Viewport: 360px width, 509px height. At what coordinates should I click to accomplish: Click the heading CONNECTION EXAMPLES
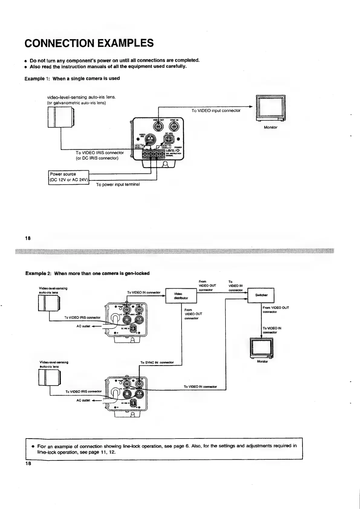click(x=89, y=43)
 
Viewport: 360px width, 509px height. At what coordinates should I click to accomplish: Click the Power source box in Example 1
click(x=68, y=178)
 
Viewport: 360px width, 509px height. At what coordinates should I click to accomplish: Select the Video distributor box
click(x=181, y=295)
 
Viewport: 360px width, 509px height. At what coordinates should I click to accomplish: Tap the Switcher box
click(x=261, y=295)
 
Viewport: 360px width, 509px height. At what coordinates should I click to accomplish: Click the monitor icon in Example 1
click(x=271, y=108)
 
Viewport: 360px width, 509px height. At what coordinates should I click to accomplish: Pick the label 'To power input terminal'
click(x=118, y=184)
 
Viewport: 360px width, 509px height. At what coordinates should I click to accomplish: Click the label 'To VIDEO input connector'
click(x=216, y=110)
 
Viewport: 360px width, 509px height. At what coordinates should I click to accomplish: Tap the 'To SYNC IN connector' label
click(x=157, y=362)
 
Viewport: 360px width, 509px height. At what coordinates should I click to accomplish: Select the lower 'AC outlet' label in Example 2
click(x=83, y=400)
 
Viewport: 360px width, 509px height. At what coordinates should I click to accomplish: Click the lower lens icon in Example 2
click(x=50, y=378)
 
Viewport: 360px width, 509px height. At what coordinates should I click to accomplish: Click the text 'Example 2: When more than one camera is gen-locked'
click(x=87, y=273)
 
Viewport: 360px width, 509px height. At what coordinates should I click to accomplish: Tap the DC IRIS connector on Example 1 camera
click(x=168, y=139)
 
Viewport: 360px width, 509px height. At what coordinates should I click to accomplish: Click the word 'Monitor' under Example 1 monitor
click(x=271, y=127)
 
